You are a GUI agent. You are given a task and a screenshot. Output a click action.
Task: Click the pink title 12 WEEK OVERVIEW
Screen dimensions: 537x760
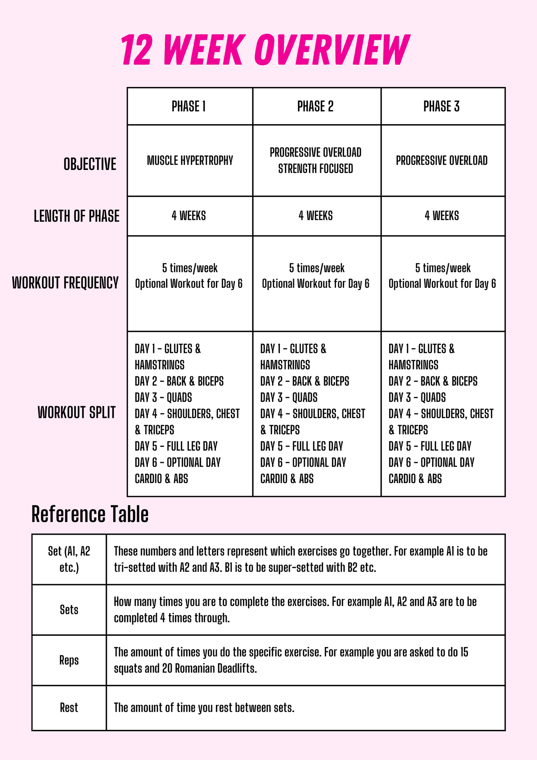[265, 50]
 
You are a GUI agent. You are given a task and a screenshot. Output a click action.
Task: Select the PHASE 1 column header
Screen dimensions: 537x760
[189, 107]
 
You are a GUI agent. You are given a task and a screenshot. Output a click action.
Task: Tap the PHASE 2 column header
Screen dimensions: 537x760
[316, 107]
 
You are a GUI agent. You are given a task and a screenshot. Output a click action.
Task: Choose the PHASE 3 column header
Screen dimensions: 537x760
[441, 107]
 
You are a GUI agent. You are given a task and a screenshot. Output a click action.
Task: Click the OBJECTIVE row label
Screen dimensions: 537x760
[90, 164]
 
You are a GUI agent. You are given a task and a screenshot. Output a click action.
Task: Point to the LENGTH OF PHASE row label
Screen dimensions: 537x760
[77, 216]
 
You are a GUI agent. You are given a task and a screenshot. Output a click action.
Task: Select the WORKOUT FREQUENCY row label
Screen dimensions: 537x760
[65, 283]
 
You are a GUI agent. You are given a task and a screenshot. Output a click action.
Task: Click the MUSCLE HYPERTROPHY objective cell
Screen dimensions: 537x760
[190, 161]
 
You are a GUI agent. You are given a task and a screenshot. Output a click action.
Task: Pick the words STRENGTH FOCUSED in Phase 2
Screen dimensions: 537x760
[316, 169]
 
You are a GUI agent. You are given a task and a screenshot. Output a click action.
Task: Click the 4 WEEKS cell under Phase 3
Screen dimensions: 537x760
[442, 216]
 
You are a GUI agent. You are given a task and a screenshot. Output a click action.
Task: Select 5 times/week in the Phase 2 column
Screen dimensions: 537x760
[317, 268]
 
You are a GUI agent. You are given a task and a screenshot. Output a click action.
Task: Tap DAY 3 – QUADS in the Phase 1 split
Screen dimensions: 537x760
[163, 397]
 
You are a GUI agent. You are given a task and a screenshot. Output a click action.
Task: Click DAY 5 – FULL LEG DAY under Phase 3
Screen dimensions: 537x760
[430, 446]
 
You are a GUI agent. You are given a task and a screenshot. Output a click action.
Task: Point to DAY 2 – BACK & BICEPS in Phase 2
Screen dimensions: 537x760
[305, 381]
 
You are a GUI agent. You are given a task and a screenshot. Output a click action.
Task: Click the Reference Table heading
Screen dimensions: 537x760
[90, 515]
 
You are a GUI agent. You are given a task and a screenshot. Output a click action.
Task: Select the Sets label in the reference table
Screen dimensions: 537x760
[69, 610]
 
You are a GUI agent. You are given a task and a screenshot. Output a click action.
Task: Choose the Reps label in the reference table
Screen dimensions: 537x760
[69, 660]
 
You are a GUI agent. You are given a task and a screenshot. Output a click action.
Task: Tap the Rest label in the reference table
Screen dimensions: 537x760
[69, 708]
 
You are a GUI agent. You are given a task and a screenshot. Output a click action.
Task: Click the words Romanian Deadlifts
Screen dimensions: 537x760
[216, 669]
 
